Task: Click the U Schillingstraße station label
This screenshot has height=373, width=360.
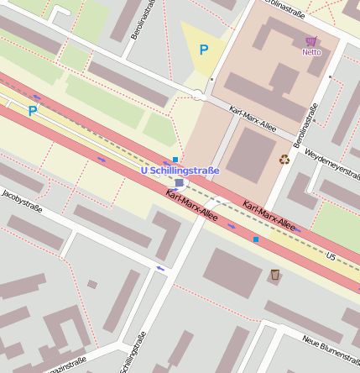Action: (180, 171)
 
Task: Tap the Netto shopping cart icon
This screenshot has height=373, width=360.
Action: (311, 41)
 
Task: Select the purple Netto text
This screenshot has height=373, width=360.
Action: (311, 52)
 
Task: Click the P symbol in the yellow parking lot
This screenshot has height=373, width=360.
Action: (203, 50)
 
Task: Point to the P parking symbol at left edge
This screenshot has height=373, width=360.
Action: (32, 110)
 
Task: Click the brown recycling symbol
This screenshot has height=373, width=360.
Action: (284, 158)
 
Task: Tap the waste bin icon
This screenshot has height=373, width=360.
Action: (274, 275)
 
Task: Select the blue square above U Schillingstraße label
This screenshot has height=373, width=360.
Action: (175, 160)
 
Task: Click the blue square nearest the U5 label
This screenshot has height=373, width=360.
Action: (256, 239)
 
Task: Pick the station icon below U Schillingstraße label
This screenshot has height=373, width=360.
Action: (179, 182)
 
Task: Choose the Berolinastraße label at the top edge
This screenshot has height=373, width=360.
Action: (284, 8)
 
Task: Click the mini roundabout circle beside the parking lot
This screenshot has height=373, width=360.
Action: (200, 96)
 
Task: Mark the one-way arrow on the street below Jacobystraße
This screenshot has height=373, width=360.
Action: (160, 269)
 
